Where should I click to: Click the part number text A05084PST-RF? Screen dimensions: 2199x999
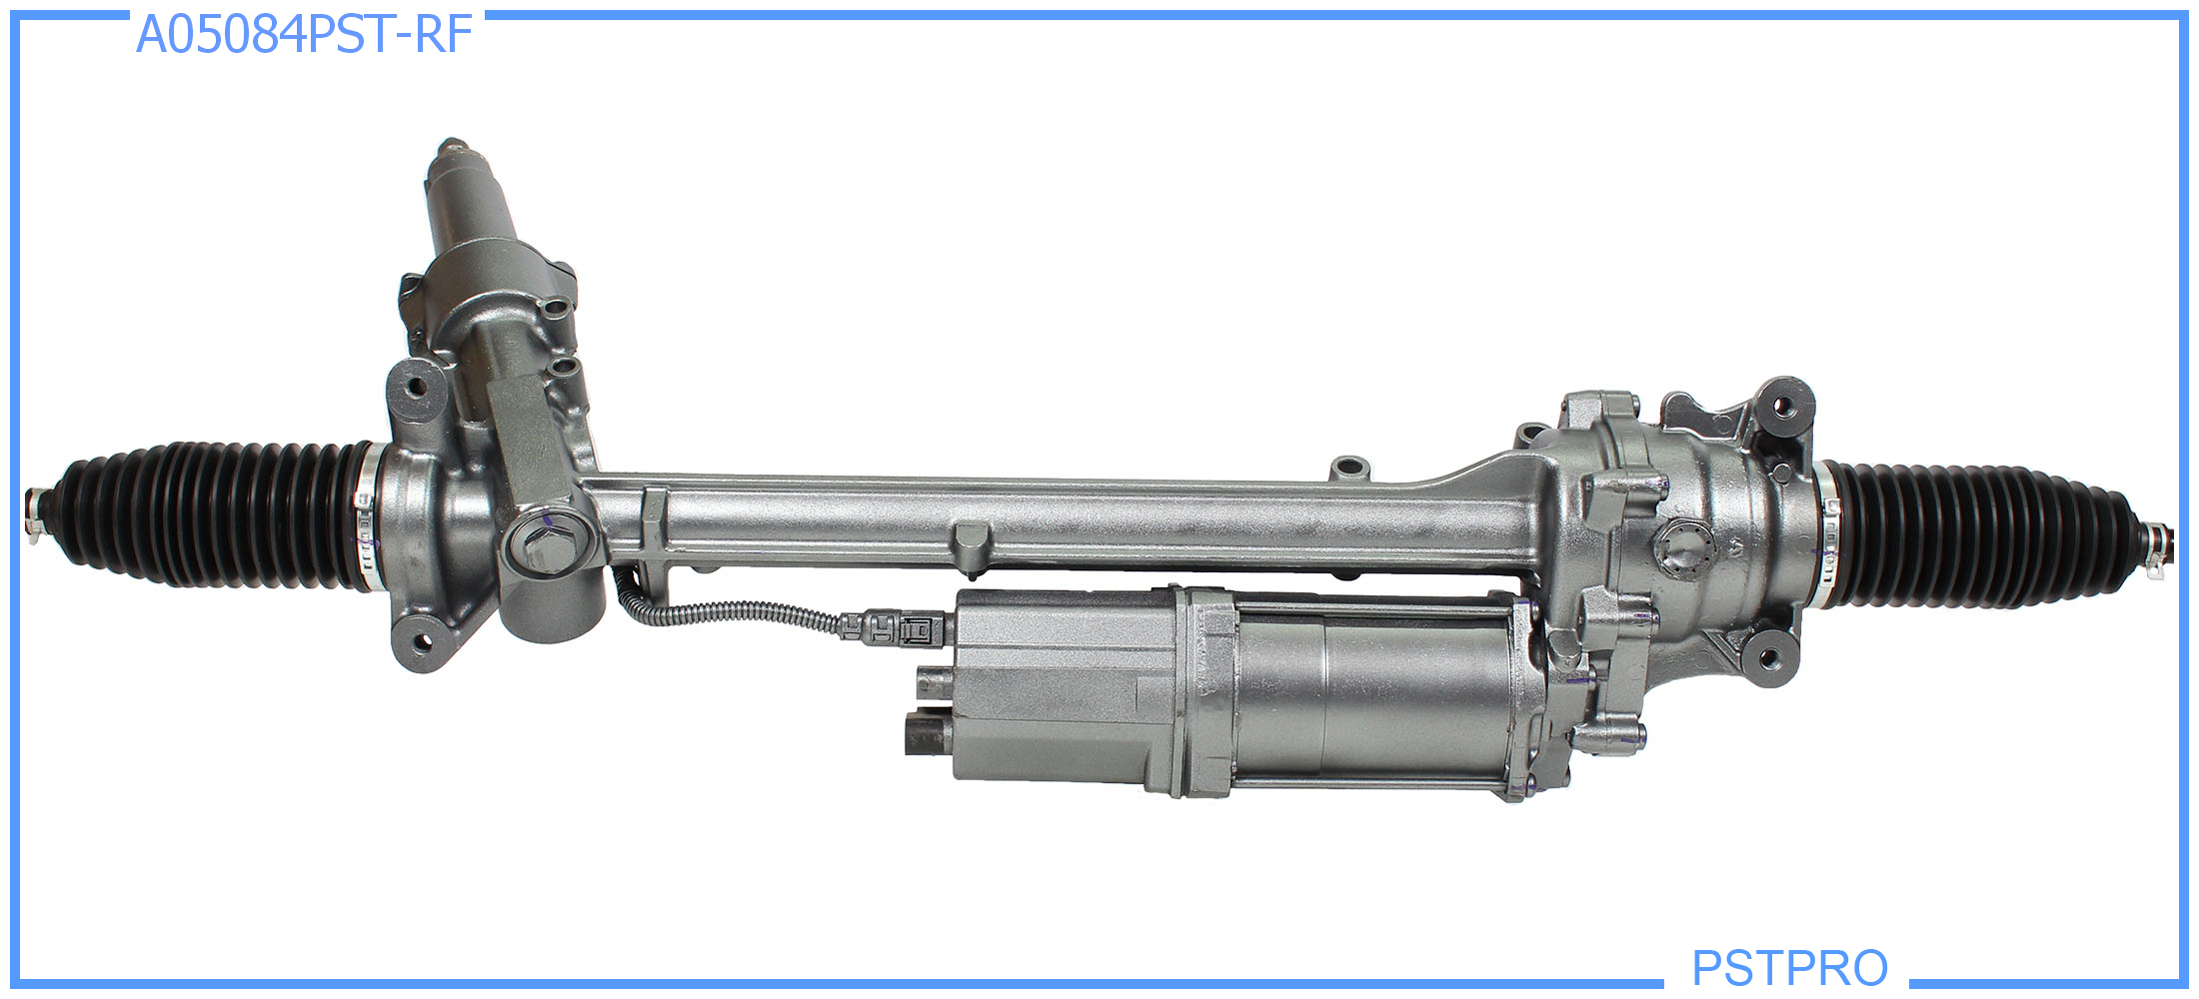[304, 34]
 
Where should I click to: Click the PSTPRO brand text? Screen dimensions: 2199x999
[1789, 967]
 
